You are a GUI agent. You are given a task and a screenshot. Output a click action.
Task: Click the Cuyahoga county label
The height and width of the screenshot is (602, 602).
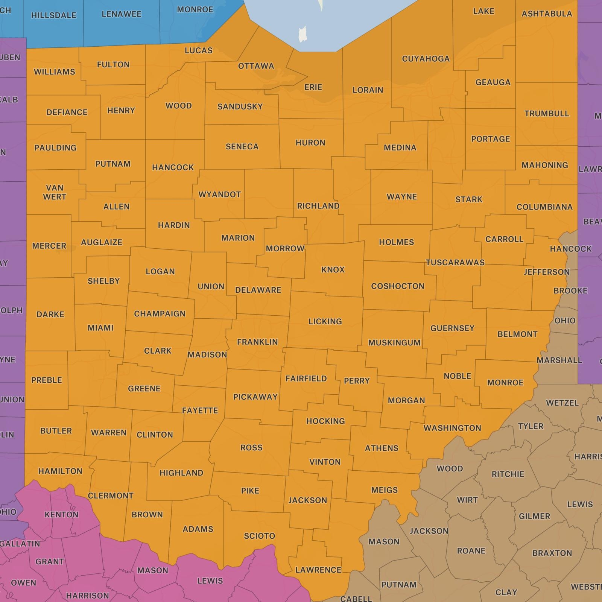pos(426,59)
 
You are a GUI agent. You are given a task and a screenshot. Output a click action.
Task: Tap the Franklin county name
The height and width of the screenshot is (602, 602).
pos(257,342)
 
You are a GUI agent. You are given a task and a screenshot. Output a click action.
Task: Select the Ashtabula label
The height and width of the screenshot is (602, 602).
pos(547,14)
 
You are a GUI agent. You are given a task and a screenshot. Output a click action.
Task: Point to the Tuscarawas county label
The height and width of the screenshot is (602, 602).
pos(455,262)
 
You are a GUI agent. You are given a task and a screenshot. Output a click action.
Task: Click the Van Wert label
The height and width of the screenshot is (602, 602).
pos(55,192)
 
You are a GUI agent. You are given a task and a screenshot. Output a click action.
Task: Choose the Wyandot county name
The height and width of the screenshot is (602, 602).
pos(220,195)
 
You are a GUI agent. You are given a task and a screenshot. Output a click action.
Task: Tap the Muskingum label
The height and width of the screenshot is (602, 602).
pos(394,343)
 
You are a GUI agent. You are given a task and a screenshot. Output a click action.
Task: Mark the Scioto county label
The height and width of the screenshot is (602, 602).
pos(259,536)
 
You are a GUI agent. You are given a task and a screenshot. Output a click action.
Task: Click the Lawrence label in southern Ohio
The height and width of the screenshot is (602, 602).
pos(318,570)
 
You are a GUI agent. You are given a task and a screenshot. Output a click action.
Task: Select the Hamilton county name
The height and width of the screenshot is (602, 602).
pos(60,471)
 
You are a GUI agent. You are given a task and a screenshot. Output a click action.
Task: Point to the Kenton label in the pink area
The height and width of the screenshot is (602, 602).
pos(61,514)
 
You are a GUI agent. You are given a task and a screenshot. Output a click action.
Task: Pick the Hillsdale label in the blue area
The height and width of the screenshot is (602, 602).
pos(53,15)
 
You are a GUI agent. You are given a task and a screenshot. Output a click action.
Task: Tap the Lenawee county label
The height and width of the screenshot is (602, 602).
pos(121,14)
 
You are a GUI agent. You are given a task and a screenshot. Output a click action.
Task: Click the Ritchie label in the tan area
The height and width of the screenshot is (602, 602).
pos(508,474)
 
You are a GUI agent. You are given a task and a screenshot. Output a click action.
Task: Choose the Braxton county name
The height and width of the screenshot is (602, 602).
pos(552,553)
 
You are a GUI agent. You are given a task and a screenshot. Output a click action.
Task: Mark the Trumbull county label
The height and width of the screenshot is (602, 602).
pos(546,114)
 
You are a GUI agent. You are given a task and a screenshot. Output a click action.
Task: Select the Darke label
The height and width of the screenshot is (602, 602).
pos(50,315)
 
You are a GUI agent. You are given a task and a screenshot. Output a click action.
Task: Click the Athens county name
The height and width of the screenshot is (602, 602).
pos(382,448)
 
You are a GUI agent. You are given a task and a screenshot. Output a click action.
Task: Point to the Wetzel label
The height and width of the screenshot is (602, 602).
pos(562,403)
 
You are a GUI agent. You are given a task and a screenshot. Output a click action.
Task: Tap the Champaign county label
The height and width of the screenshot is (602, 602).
pos(160,314)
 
